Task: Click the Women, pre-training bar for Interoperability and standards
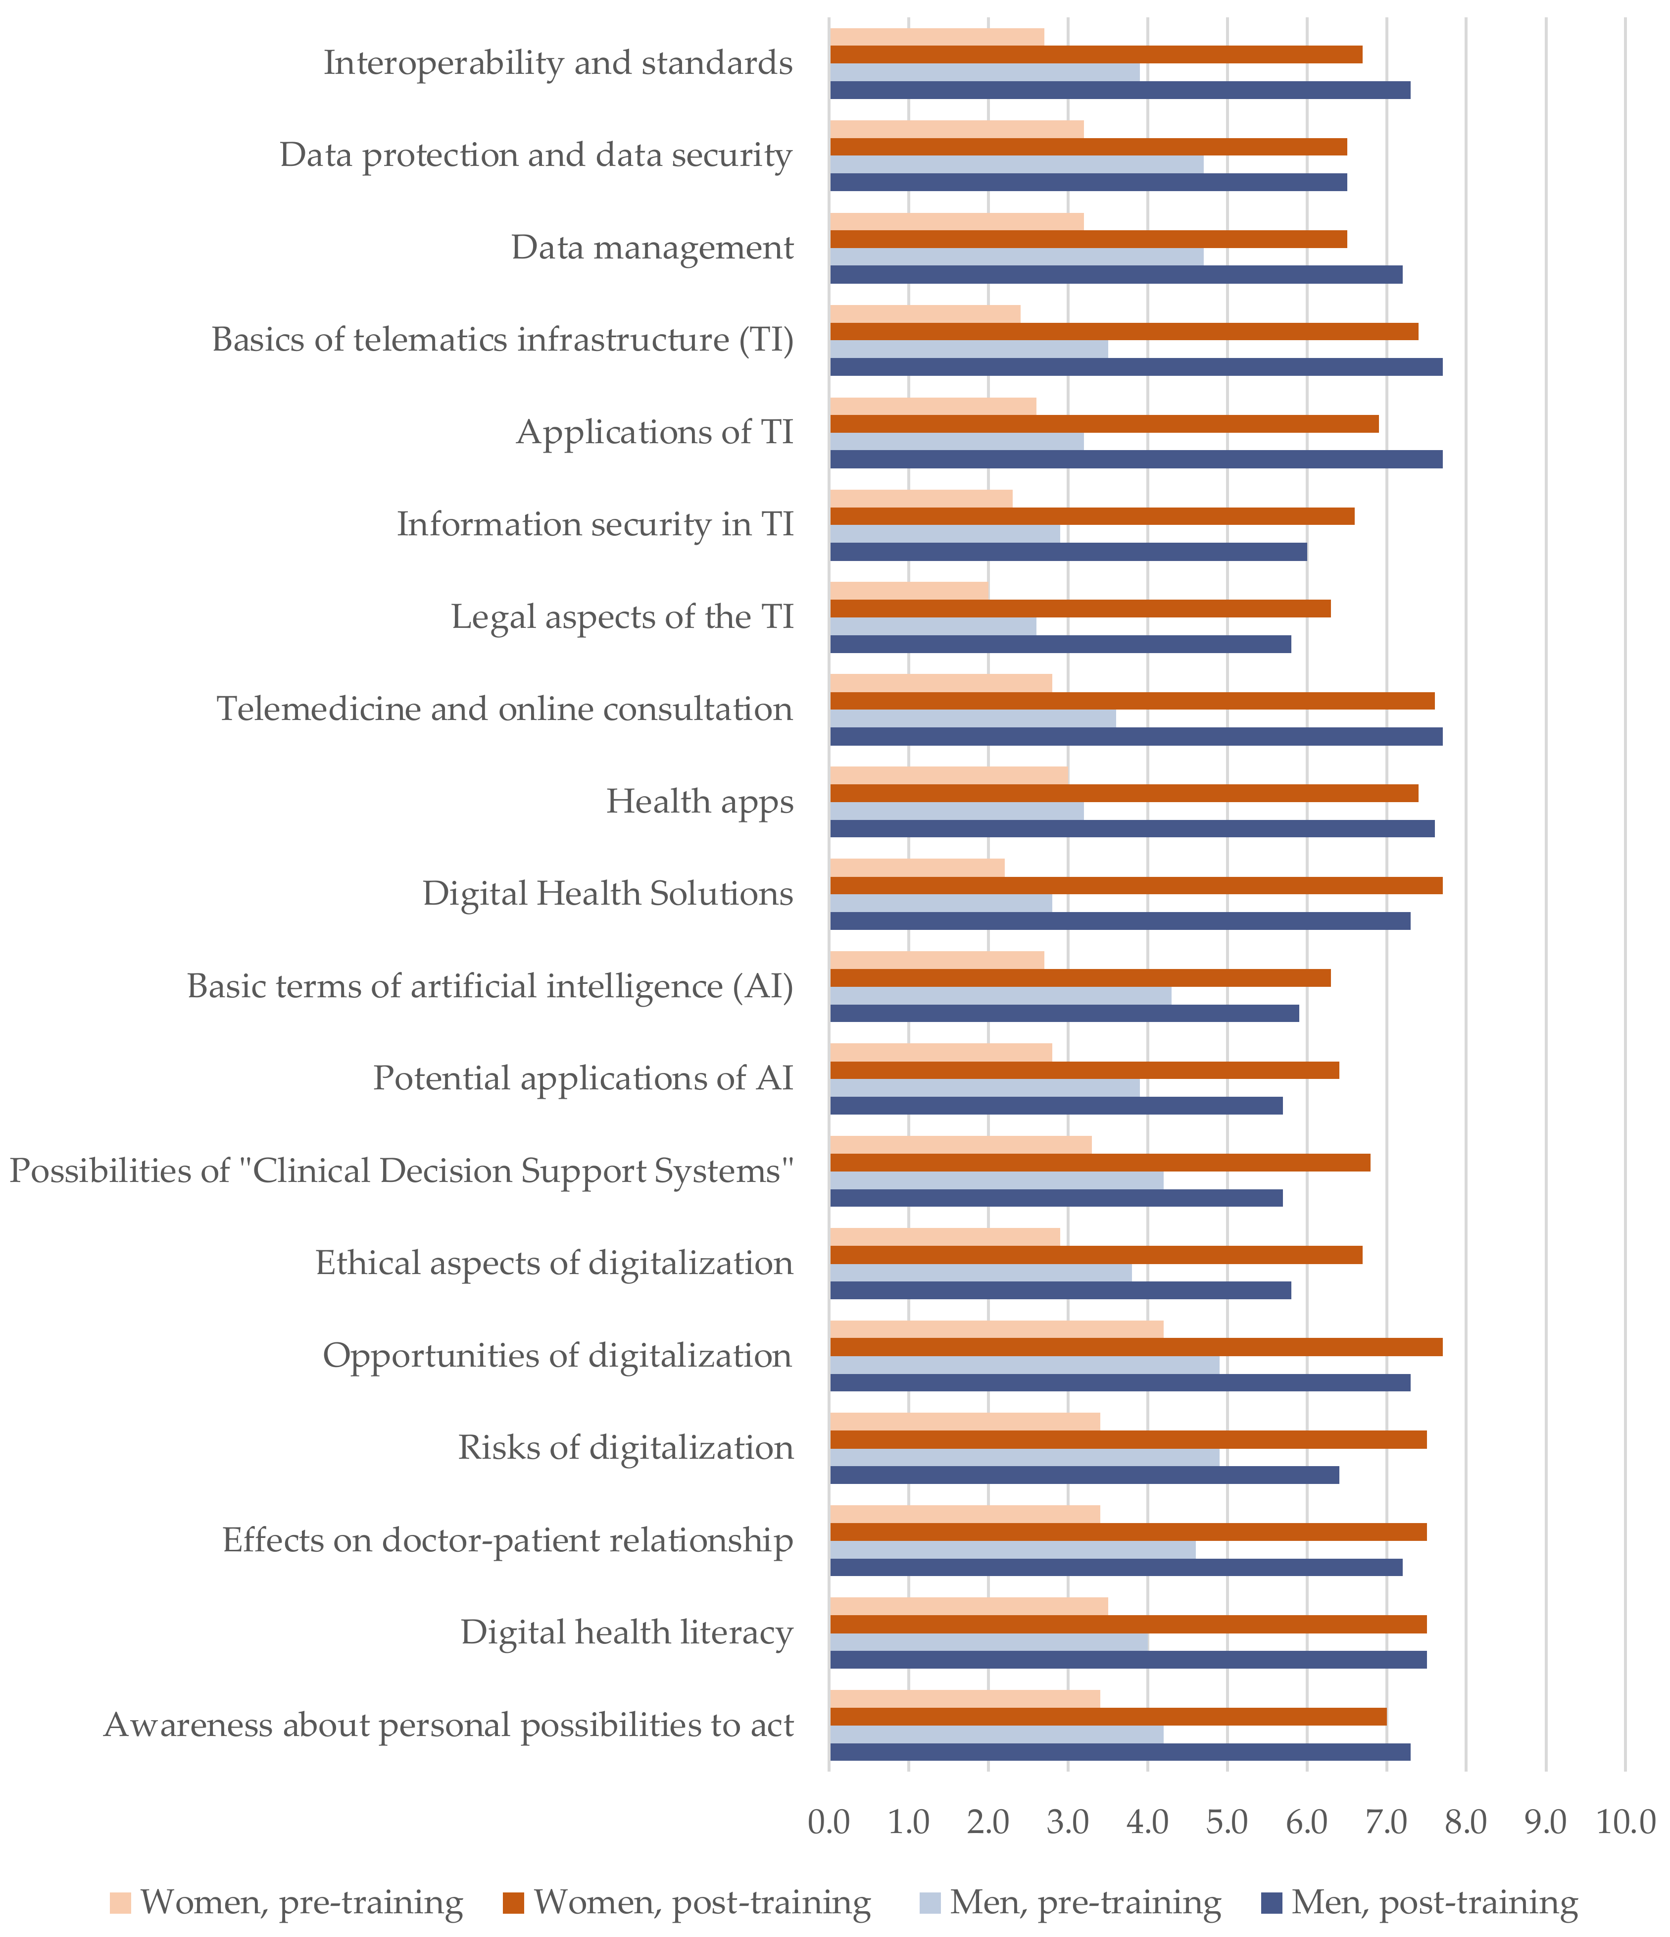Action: [936, 37]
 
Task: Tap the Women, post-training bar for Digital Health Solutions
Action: [1135, 885]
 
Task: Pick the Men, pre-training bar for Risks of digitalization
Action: [1024, 1457]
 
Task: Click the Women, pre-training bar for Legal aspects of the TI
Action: [909, 591]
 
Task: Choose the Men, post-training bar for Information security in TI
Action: [1068, 552]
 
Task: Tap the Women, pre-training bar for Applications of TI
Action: [933, 406]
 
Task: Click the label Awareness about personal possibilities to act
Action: [448, 1725]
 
